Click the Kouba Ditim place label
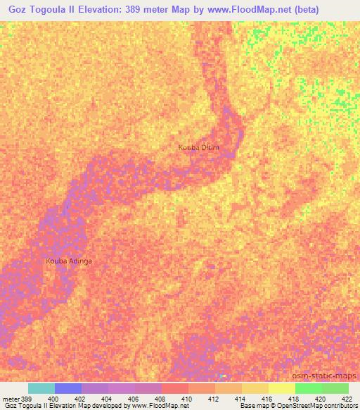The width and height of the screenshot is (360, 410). tap(199, 147)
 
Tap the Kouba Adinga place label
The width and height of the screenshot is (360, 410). tap(69, 261)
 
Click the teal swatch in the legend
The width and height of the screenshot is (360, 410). tap(41, 388)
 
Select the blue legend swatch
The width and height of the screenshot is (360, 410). tap(68, 388)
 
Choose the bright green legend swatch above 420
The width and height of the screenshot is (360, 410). tap(308, 388)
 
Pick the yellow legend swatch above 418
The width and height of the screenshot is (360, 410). tap(281, 388)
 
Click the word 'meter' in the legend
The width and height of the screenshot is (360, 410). tap(11, 399)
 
